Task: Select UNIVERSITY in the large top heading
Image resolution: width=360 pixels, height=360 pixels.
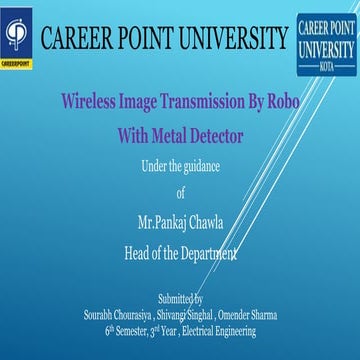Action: pyautogui.click(x=234, y=40)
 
